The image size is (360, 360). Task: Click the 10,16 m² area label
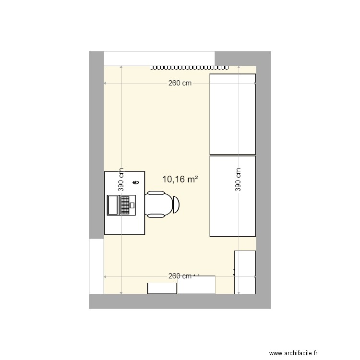click(180, 180)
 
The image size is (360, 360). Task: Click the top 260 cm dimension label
click(180, 83)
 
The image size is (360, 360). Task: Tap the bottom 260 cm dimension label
click(180, 276)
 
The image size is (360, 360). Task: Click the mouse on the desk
click(136, 182)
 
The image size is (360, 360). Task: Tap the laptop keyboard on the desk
click(125, 205)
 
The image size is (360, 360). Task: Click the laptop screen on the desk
click(113, 205)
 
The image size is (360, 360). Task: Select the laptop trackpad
click(132, 205)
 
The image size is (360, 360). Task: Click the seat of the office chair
click(157, 204)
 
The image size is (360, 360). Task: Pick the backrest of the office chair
click(176, 204)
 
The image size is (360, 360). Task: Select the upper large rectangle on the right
click(233, 114)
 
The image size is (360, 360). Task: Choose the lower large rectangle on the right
click(233, 196)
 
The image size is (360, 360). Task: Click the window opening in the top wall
click(159, 58)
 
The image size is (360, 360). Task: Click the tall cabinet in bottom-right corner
click(245, 272)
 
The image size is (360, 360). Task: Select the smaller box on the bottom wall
click(162, 288)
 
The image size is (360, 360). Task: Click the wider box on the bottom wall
click(196, 286)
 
